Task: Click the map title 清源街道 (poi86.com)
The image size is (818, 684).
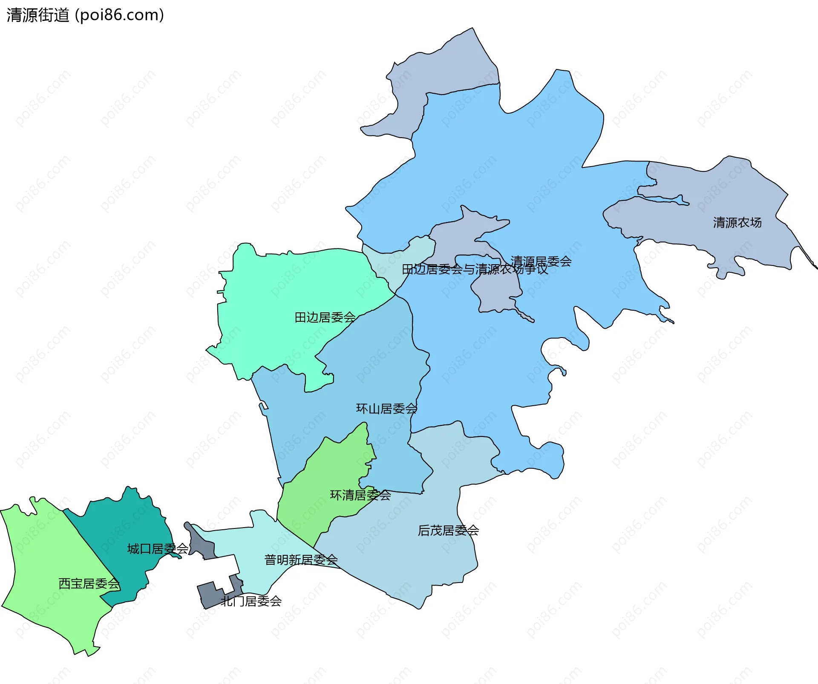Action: point(85,15)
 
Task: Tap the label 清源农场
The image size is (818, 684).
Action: point(737,222)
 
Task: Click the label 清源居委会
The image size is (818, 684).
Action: point(541,261)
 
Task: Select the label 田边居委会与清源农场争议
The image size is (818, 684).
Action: point(475,269)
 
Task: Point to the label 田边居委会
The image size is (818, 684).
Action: point(325,317)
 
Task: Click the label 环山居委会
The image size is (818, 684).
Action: point(386,409)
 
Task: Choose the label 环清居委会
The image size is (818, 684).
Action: point(360,495)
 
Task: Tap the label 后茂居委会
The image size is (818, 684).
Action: point(448,531)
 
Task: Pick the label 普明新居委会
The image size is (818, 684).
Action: point(301,560)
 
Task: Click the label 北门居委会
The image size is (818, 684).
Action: point(251,601)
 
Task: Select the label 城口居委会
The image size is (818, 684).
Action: point(158,549)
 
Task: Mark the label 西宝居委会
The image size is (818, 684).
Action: point(89,583)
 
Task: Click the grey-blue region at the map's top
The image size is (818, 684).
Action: point(443,68)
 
